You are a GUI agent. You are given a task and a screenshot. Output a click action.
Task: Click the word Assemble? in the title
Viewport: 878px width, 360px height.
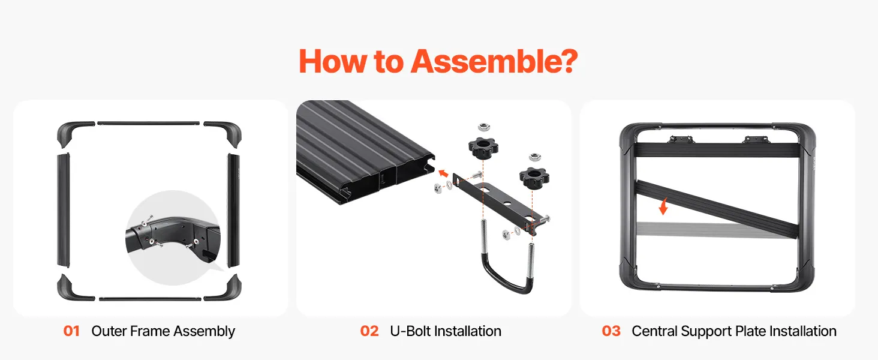coord(494,62)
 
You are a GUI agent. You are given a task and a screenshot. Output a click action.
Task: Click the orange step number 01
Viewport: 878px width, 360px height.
coord(71,331)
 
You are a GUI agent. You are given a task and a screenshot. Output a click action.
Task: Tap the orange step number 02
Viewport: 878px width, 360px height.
coord(369,331)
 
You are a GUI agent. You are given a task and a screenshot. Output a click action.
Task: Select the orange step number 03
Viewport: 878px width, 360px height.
coord(611,331)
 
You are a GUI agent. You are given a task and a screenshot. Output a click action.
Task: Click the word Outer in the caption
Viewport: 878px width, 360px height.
coord(109,331)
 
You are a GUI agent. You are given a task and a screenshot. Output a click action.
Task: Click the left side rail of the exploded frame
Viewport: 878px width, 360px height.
coord(63,210)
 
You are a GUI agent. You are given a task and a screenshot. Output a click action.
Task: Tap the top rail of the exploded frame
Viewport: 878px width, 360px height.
coord(149,124)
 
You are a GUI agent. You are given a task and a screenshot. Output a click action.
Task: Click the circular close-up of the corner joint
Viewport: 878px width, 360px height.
coord(173,238)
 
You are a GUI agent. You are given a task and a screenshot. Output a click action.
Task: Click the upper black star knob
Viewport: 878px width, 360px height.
coord(483,148)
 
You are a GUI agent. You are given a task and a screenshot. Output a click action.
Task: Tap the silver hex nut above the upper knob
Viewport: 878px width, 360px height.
coord(483,127)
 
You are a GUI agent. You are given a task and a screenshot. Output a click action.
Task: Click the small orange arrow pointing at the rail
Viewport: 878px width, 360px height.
coord(443,173)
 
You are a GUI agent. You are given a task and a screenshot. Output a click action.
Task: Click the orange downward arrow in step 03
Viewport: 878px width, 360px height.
coord(663,206)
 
